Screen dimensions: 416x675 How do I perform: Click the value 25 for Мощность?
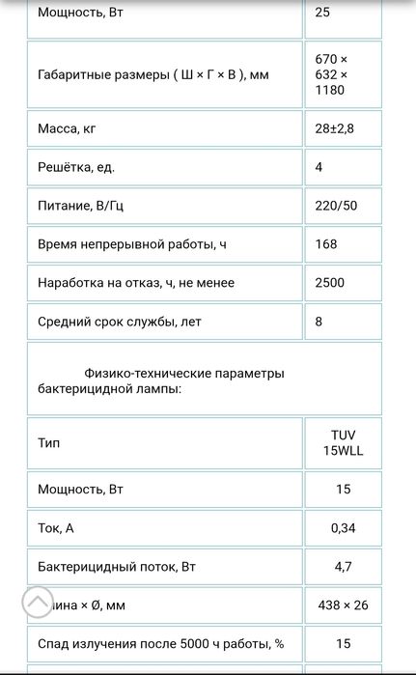tap(324, 14)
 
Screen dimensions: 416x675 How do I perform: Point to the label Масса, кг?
tap(66, 128)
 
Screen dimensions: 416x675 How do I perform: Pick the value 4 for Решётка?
tap(319, 167)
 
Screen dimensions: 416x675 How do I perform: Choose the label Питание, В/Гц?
tap(79, 206)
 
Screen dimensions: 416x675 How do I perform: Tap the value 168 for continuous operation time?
tap(326, 244)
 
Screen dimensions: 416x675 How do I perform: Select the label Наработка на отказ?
tap(136, 283)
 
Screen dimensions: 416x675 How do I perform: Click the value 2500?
tap(330, 283)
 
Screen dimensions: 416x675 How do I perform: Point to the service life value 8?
tap(319, 322)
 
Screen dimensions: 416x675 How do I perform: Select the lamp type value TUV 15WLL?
tap(343, 443)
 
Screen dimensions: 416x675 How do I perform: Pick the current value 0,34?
tap(343, 528)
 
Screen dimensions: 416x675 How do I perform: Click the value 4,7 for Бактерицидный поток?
tap(343, 567)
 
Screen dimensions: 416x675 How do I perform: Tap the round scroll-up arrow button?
tap(38, 603)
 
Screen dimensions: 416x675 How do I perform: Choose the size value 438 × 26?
tap(343, 605)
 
